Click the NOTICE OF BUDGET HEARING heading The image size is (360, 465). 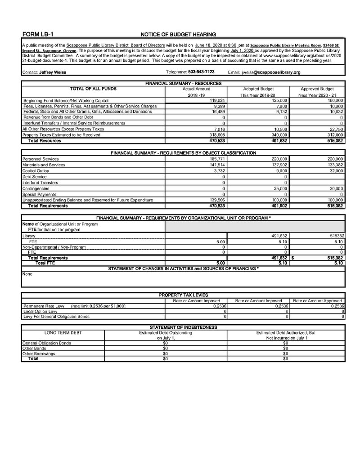coord(178,34)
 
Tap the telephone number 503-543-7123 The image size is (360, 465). coord(201,72)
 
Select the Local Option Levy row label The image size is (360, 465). coord(40,311)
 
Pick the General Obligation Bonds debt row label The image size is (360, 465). coord(46,343)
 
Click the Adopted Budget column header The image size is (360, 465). coord(258,89)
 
